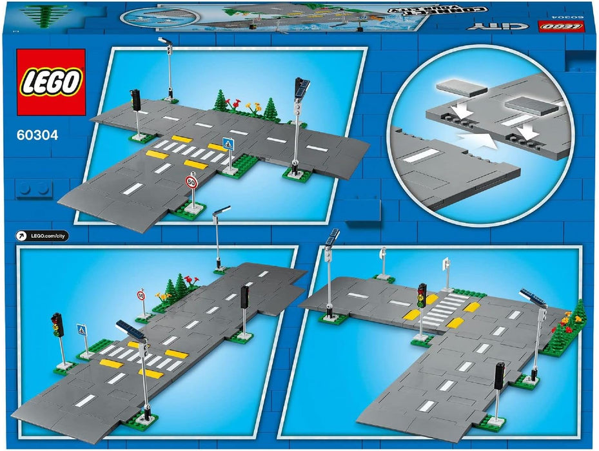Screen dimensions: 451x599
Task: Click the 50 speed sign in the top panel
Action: point(191,182)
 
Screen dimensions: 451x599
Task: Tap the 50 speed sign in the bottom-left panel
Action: point(141,295)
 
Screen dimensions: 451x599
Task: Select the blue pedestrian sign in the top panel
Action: point(227,144)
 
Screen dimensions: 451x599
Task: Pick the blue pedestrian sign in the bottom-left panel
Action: point(81,330)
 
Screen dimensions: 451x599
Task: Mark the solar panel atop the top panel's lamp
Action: point(302,85)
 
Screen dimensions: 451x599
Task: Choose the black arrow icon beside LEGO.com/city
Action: point(21,236)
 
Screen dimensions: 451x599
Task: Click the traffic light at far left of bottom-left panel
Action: point(57,322)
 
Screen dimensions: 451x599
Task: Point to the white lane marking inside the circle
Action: point(420,155)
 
